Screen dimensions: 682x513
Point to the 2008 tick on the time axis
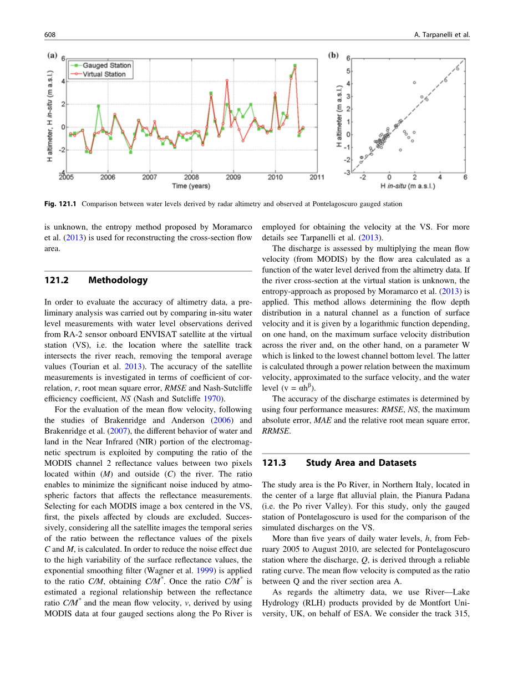coord(192,177)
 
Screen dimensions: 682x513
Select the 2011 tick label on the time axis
coord(317,177)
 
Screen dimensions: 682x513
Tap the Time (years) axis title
coord(191,186)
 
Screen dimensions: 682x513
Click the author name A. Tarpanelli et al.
coord(442,35)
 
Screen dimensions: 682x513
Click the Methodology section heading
coord(118,280)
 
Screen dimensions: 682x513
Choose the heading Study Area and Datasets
coord(361,462)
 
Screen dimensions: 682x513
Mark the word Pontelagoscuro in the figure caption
coord(328,204)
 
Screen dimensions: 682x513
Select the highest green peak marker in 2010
coord(295,65)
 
